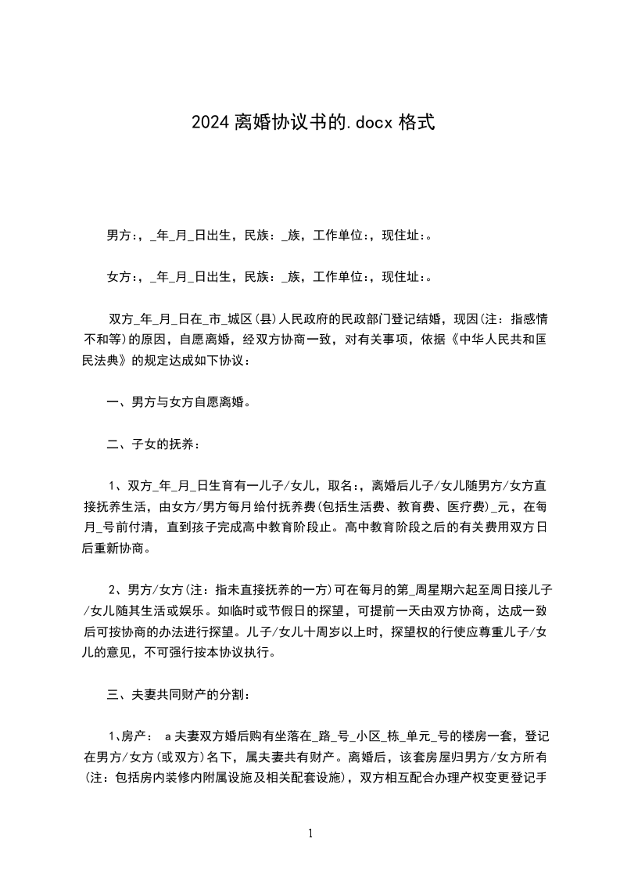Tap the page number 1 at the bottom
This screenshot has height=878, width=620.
(x=310, y=834)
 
